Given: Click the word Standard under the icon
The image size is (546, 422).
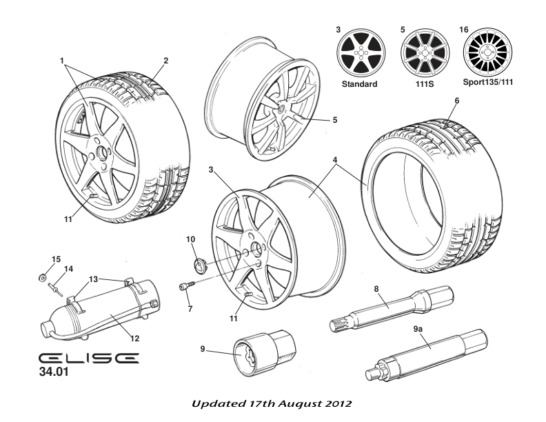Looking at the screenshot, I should tap(359, 84).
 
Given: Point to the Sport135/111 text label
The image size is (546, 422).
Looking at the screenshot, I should tap(487, 84).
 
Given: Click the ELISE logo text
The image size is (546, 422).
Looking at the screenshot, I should tap(88, 359).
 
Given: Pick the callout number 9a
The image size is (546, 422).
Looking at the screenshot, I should tap(418, 330).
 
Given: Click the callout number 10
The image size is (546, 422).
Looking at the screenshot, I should tap(191, 239).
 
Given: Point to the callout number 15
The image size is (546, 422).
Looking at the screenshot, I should tap(57, 259).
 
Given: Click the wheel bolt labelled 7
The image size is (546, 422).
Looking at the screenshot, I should tap(185, 288).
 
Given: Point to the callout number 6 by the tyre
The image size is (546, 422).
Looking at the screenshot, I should tap(456, 101).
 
